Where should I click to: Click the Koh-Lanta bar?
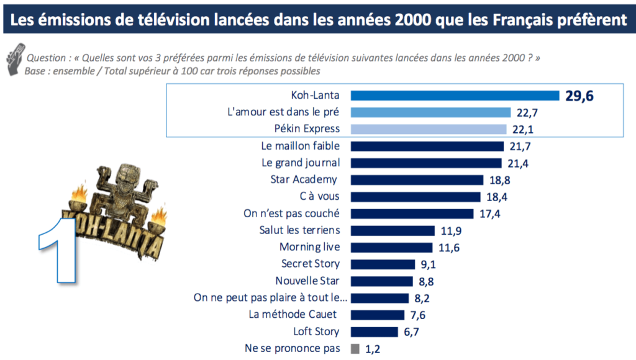tap(455, 96)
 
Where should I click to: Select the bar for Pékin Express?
tap(429, 129)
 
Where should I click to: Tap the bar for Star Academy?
tap(417, 180)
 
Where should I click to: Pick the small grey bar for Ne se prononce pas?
tap(355, 348)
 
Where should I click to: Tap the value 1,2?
tap(372, 349)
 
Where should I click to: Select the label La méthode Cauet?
tap(294, 314)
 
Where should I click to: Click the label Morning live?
tap(309, 247)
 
